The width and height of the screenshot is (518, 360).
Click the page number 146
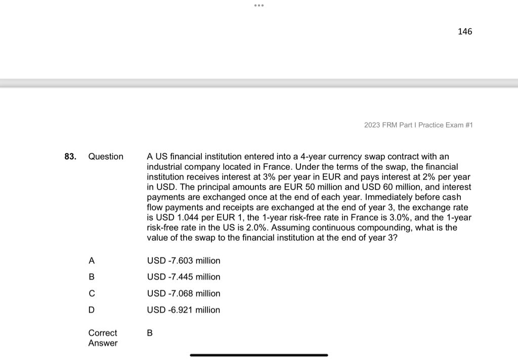coord(464,32)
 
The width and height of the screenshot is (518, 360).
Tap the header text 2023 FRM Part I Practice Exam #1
coord(418,125)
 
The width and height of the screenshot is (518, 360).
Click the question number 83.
coord(70,157)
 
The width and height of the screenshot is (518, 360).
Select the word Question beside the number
coord(106,157)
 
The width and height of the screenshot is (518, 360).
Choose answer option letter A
coord(92,261)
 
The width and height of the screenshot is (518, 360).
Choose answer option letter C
coord(92,294)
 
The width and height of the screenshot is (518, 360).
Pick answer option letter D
coord(92,310)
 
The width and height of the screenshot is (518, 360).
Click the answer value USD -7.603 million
coord(184,261)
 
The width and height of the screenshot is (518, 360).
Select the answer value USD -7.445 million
coord(184,277)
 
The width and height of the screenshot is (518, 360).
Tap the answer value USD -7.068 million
coord(184,294)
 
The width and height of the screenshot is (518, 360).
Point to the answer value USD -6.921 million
coord(184,310)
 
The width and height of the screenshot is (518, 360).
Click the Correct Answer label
coord(103,338)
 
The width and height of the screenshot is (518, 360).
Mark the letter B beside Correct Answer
coord(150,333)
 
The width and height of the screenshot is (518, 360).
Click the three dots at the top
coord(259,6)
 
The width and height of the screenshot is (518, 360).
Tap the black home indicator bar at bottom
coord(259,355)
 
